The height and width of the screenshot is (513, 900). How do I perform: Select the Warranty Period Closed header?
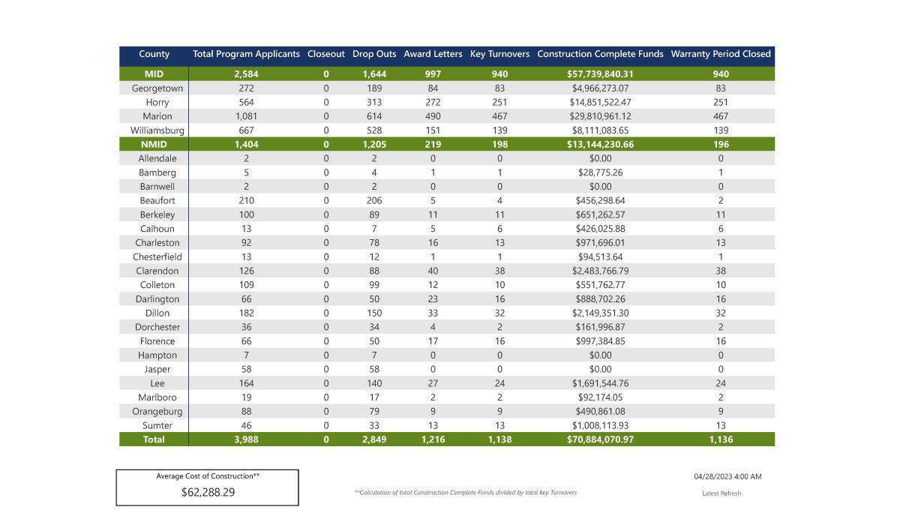(x=721, y=54)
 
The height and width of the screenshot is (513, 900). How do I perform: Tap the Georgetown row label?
(x=157, y=88)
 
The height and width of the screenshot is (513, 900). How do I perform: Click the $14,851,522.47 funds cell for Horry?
(x=600, y=102)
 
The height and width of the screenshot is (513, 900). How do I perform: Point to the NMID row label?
(x=154, y=144)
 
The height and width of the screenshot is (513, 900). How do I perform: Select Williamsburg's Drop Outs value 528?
(x=368, y=130)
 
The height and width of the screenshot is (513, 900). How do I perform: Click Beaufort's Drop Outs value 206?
(x=368, y=200)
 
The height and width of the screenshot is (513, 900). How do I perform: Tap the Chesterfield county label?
(x=157, y=256)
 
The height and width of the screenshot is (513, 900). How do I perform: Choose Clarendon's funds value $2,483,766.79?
(x=600, y=271)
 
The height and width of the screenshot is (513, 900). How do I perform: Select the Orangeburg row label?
(x=157, y=411)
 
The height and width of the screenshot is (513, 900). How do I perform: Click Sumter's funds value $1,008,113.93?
(x=600, y=425)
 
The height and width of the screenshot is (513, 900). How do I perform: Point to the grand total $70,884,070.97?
(x=600, y=439)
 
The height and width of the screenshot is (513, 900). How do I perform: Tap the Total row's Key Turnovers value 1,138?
(x=499, y=439)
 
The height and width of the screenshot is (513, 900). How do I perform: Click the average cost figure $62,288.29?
(x=207, y=493)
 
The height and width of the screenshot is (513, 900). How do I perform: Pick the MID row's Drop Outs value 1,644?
(x=368, y=74)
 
